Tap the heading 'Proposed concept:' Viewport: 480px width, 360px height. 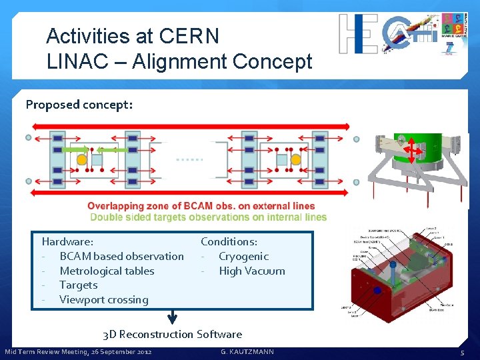coord(79,105)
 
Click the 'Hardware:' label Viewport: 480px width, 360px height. coord(67,241)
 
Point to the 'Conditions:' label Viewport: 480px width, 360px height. coord(229,241)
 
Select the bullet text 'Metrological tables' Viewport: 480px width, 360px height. coord(107,271)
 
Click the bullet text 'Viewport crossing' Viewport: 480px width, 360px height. coord(104,299)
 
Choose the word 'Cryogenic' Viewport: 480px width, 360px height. coord(243,256)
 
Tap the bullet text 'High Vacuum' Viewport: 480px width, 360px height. coord(251,271)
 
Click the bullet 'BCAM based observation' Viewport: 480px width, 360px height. coord(121,256)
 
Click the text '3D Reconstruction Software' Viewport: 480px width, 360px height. coord(172,334)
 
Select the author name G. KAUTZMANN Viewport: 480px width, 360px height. coord(247,351)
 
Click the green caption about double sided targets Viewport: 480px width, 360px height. coord(208,217)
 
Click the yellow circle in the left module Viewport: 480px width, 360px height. coord(81,160)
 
